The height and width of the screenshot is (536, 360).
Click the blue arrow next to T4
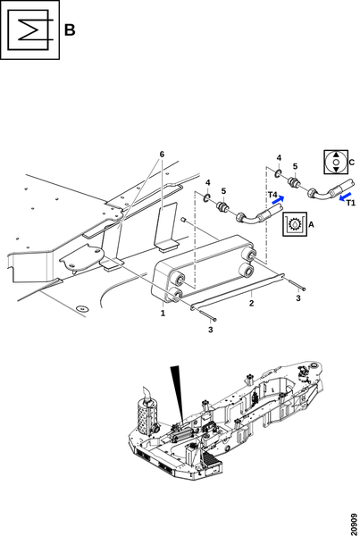279,199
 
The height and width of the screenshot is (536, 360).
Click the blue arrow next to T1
346,197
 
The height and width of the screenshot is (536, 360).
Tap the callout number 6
162,155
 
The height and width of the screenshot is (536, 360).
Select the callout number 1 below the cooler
163,313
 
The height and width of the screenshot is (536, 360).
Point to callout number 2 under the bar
252,303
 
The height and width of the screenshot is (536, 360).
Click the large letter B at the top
70,29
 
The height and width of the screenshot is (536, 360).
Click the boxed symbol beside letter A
295,224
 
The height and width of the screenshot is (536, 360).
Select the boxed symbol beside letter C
336,162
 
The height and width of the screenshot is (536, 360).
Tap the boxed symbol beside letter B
29,29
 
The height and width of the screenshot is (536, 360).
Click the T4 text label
272,195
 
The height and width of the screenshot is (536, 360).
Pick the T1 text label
351,203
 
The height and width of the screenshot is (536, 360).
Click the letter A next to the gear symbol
311,224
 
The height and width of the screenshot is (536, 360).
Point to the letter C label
352,163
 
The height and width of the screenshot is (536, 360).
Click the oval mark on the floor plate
81,308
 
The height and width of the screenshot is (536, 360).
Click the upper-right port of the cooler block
249,255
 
